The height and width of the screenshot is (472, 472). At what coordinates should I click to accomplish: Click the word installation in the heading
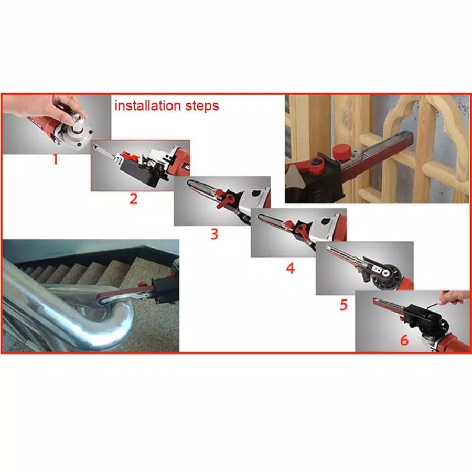click(147, 105)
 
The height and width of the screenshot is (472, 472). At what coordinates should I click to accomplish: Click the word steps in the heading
click(202, 106)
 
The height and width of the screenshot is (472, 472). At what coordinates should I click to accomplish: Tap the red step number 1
click(55, 159)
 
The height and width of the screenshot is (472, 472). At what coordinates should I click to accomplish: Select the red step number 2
click(133, 199)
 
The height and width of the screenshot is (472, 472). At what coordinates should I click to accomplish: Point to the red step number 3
click(214, 234)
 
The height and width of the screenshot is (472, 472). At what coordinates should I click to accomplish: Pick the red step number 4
click(290, 268)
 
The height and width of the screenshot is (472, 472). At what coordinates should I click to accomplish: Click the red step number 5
click(344, 305)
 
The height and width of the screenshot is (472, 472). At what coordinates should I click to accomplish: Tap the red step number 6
click(404, 340)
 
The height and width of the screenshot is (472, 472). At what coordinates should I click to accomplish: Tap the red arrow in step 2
click(132, 157)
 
